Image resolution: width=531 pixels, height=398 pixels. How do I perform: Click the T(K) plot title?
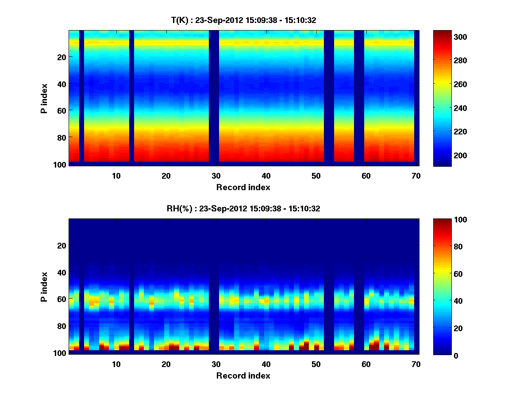(243, 20)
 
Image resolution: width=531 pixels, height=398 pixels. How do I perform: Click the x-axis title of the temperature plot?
(243, 187)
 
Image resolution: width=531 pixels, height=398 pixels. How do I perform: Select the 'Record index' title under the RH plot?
(243, 375)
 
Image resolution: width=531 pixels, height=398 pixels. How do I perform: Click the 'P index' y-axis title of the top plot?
(44, 97)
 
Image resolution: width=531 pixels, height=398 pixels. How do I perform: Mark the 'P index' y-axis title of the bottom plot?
(44, 286)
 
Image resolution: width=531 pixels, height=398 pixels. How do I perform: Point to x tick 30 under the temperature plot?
(216, 176)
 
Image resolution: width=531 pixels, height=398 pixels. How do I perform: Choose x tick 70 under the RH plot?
(416, 364)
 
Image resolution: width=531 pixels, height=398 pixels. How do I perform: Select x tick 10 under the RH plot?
(116, 364)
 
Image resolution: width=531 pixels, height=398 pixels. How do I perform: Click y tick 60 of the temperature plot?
(62, 110)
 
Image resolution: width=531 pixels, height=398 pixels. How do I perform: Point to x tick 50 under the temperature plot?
(316, 176)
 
